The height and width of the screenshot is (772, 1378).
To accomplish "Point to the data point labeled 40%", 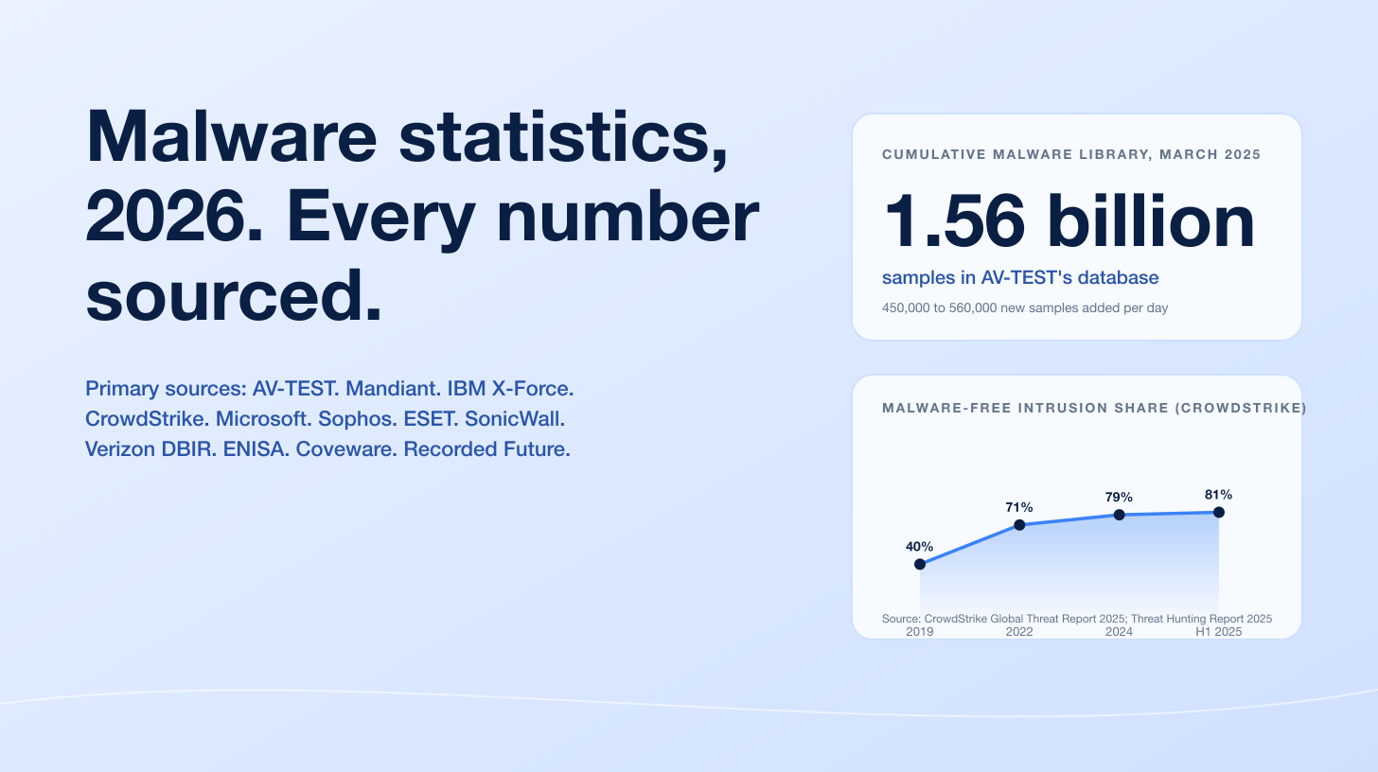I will [x=920, y=564].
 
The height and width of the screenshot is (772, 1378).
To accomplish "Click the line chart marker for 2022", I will [x=1019, y=525].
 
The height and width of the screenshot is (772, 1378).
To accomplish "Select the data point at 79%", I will [x=1119, y=515].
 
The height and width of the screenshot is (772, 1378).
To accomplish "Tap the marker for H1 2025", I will [x=1219, y=512].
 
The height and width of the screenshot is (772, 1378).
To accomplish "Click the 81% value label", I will [x=1218, y=494].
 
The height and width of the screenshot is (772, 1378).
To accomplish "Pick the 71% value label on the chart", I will [x=1019, y=507].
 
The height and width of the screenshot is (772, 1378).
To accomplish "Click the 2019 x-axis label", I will [x=919, y=631].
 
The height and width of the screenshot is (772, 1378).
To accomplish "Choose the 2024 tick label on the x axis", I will [x=1119, y=631].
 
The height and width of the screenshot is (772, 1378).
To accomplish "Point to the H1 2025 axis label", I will [x=1218, y=631].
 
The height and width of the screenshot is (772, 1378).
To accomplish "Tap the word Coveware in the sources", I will [x=345, y=448].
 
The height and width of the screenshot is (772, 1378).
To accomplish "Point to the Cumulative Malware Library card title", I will [x=1071, y=154].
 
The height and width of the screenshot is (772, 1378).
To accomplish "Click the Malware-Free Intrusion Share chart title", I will [x=1094, y=408].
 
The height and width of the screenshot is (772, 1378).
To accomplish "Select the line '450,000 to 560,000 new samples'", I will [x=1024, y=308].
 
